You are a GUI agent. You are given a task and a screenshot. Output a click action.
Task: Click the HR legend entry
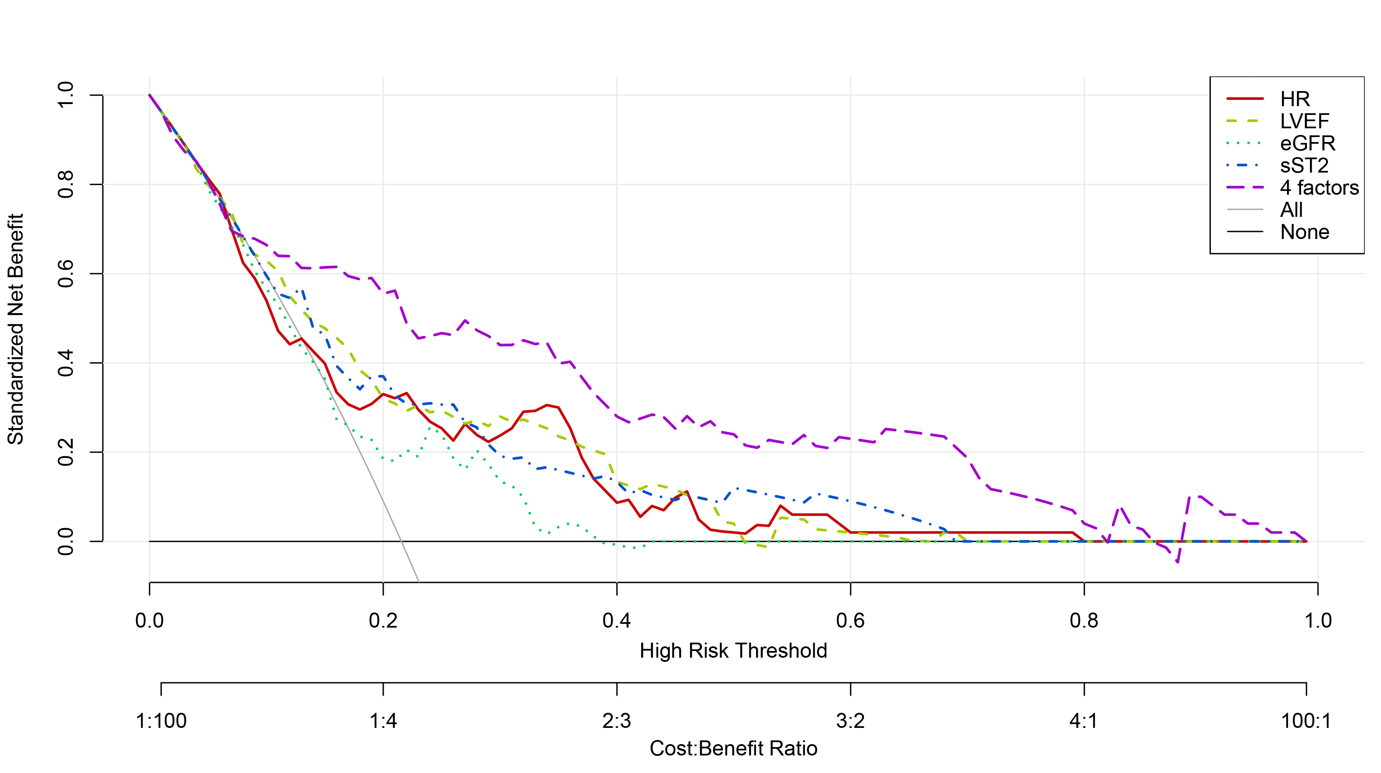click(1294, 99)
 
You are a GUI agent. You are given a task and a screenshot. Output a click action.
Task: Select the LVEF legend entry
click(1304, 122)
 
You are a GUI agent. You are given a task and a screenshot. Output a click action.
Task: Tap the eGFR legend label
click(1307, 144)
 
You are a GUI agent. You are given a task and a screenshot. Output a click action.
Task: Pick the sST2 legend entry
click(1304, 165)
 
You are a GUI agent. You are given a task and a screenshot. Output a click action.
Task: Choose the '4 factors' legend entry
click(1319, 188)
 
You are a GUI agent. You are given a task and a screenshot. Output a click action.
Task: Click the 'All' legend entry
click(1291, 210)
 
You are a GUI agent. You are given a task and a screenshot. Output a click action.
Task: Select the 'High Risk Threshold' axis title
click(733, 651)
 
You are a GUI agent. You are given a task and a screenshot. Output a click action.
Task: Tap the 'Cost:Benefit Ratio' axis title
click(733, 748)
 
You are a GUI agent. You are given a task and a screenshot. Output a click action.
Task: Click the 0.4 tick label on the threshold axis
click(617, 621)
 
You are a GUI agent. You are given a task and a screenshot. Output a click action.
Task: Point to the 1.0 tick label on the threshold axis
click(1317, 621)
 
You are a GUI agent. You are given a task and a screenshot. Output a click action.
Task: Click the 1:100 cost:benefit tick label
click(161, 722)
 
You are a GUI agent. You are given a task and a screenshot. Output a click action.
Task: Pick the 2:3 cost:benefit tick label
click(617, 722)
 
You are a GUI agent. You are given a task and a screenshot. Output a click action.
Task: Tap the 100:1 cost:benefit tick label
click(1306, 722)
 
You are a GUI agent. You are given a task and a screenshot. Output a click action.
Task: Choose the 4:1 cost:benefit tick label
click(1083, 722)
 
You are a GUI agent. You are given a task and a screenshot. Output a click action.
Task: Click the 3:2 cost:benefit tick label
click(850, 722)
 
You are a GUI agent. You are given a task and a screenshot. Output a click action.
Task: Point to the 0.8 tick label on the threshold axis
click(1083, 621)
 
